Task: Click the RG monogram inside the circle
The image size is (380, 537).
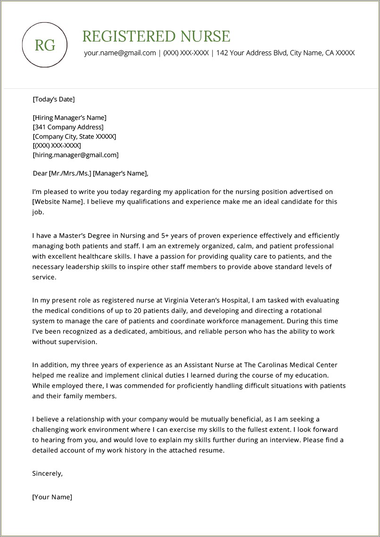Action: (x=45, y=45)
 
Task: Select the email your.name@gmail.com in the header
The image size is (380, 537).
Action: (x=120, y=53)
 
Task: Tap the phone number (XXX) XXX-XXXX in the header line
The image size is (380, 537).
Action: (x=186, y=53)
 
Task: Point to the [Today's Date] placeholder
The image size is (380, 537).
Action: (x=53, y=99)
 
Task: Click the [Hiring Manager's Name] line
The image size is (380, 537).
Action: (x=69, y=117)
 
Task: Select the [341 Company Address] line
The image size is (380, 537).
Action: (x=68, y=127)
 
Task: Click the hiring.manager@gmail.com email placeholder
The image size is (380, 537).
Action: (x=75, y=155)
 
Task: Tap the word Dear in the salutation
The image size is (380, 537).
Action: (x=40, y=173)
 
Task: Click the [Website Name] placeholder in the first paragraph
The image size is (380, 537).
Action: (x=58, y=201)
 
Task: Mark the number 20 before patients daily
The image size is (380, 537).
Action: (x=138, y=310)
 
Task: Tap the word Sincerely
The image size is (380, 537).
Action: (x=47, y=473)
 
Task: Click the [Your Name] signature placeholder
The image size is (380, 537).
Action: (x=52, y=497)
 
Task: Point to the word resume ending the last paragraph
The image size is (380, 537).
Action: (x=212, y=450)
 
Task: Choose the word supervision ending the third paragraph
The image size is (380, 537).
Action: (x=75, y=342)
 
